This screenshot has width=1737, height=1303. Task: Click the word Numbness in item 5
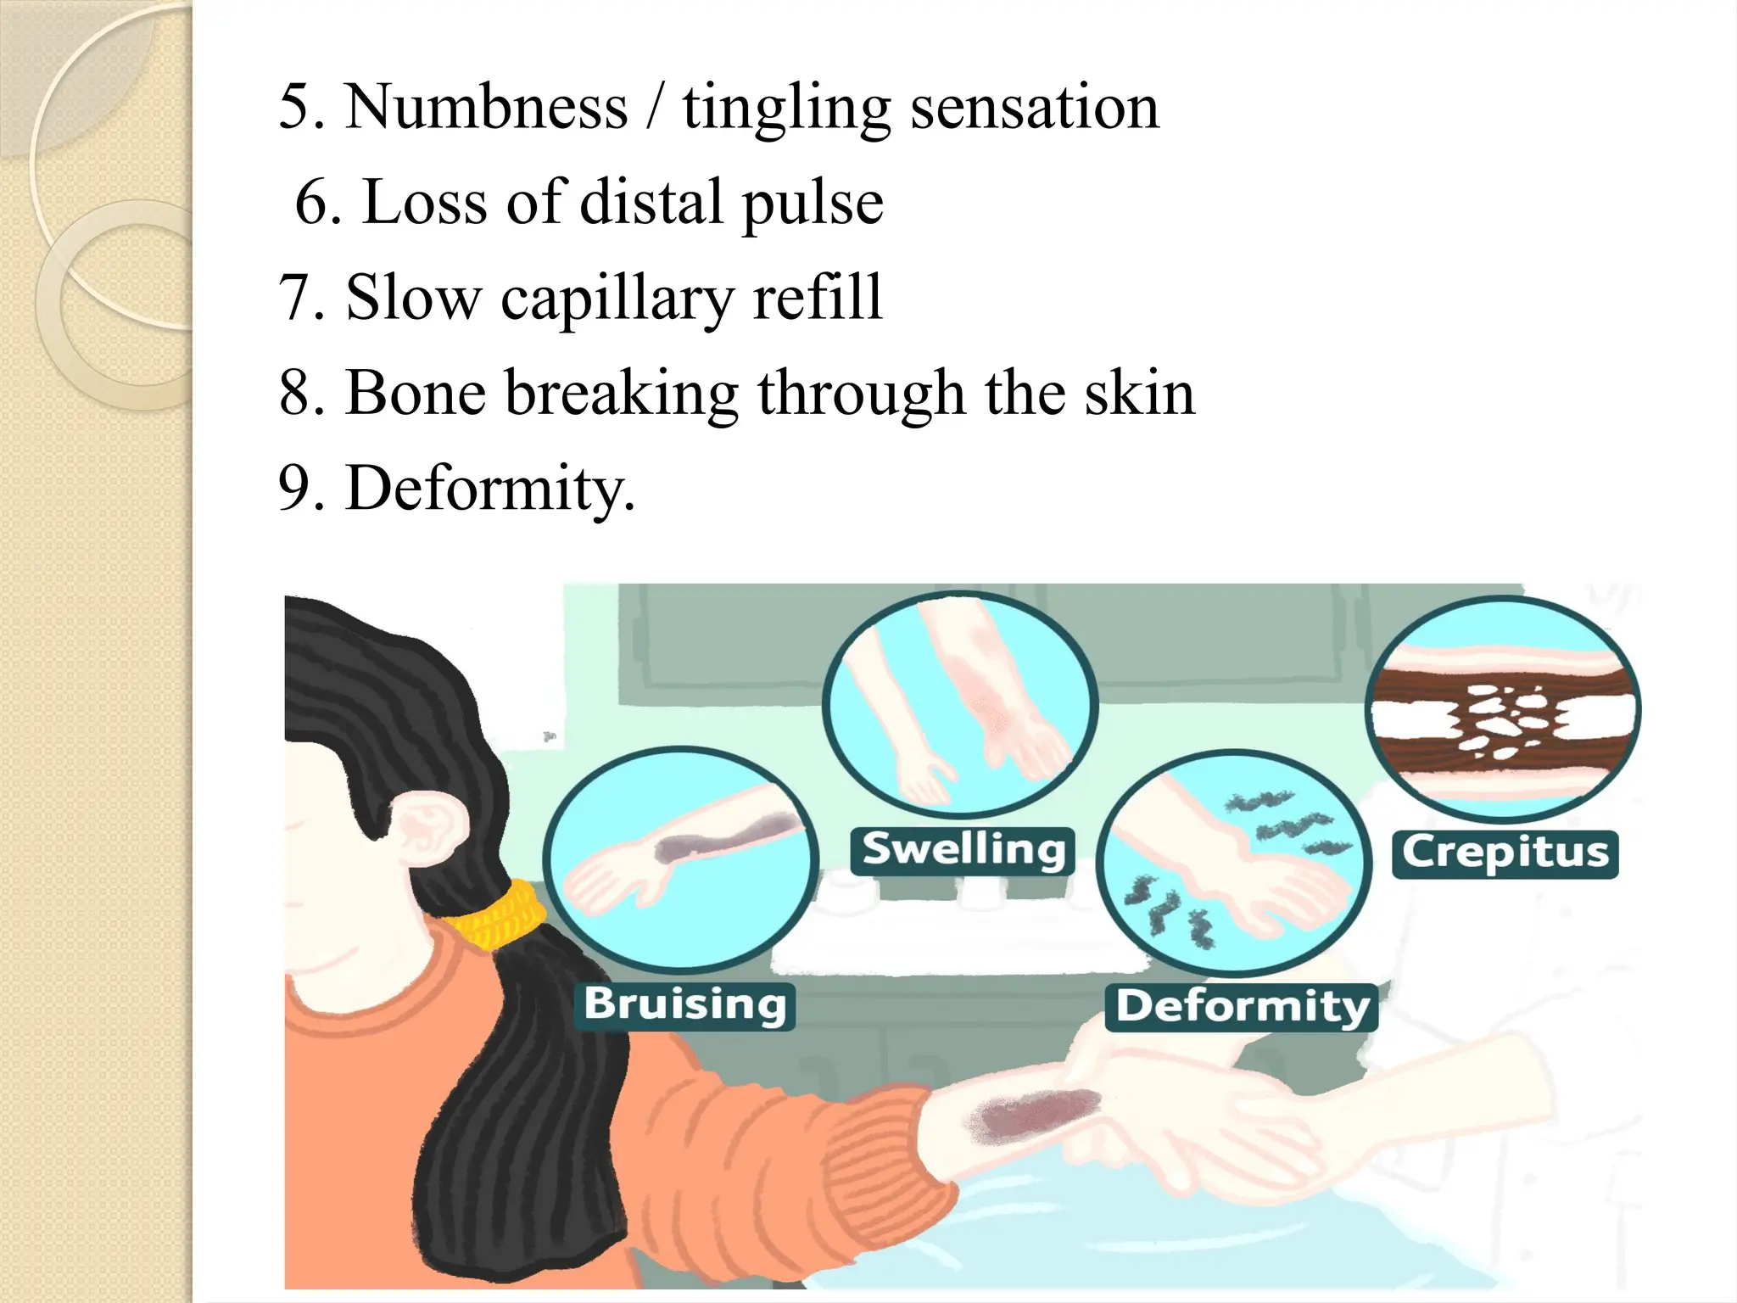486,108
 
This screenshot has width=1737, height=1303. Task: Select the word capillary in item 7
617,299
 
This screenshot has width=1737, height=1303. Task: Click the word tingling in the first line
786,108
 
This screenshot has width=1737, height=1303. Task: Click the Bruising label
684,1005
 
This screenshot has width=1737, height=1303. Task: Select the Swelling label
963,850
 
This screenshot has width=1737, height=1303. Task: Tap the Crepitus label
1505,853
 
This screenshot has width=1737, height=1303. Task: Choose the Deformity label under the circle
1242,1007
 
